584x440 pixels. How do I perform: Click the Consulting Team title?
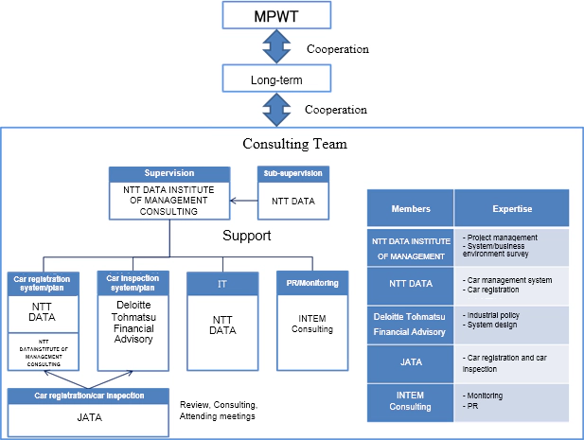coord(294,144)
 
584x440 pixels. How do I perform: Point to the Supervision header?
coord(168,174)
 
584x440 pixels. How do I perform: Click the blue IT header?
coord(221,281)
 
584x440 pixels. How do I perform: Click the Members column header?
coord(410,208)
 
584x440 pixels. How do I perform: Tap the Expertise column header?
coord(511,208)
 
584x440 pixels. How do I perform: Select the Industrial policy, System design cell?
coord(511,325)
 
